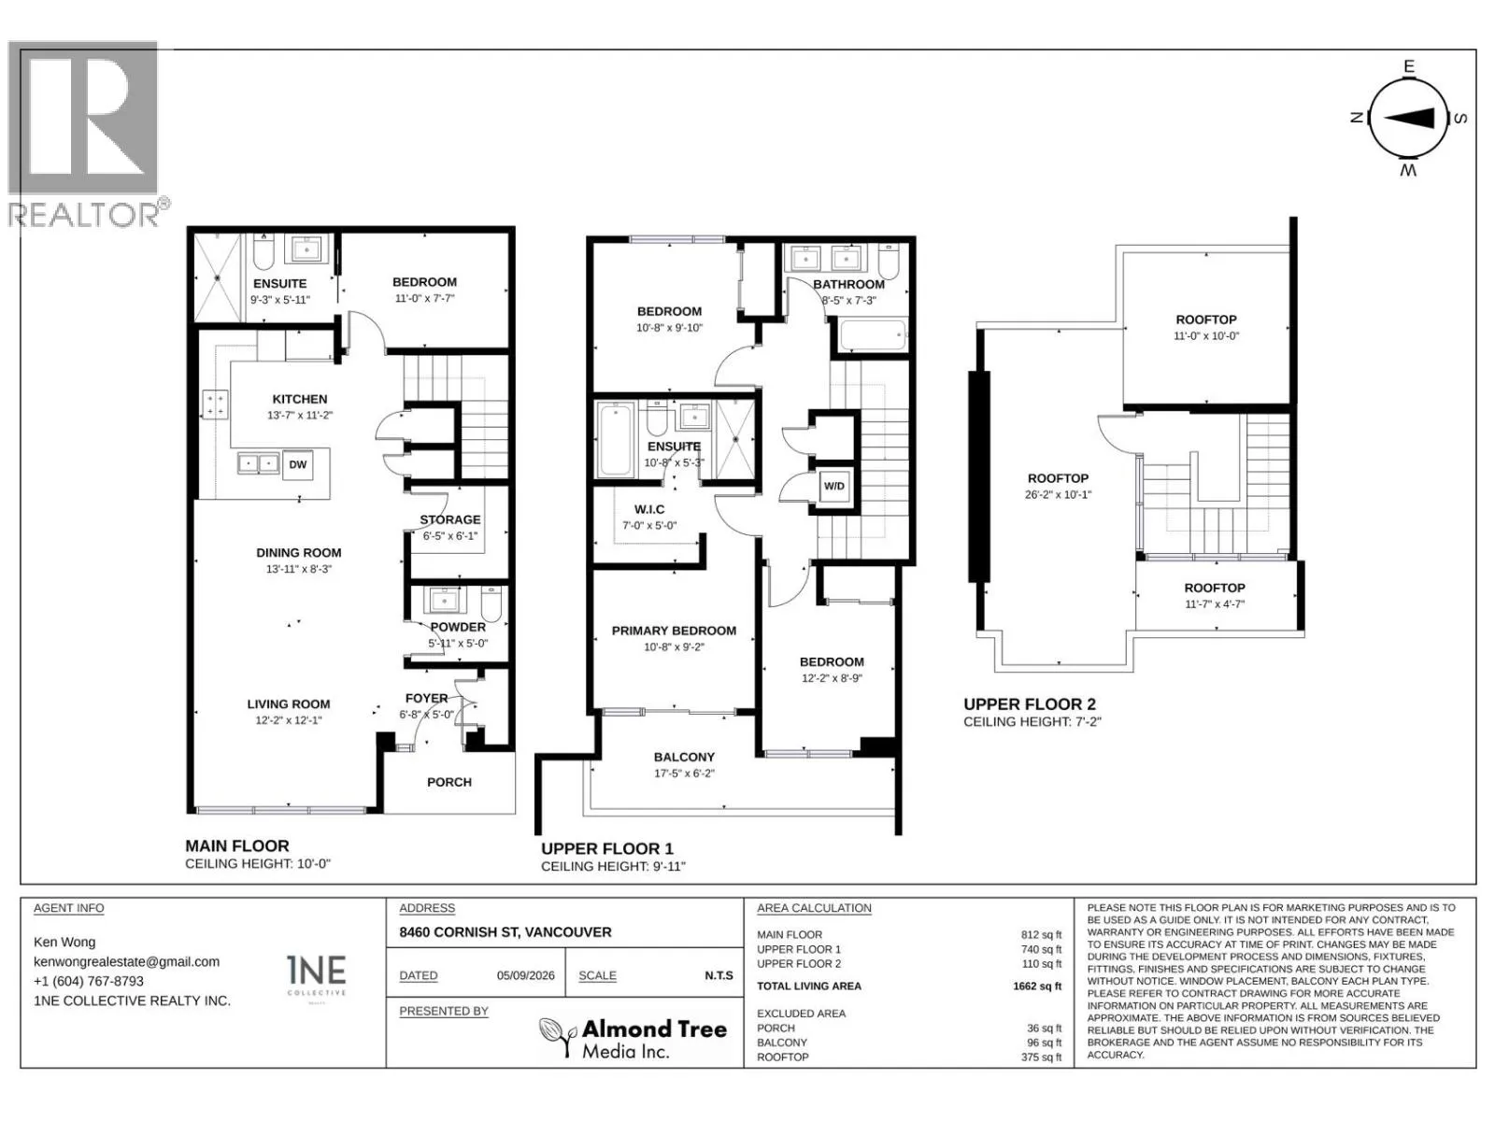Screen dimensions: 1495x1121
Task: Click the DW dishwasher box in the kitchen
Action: click(298, 465)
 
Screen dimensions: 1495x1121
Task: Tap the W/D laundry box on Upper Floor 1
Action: click(833, 486)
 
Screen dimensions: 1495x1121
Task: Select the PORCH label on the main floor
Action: click(448, 782)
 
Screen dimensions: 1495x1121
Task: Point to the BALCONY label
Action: click(684, 757)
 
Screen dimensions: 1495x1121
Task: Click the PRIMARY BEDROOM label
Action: click(674, 631)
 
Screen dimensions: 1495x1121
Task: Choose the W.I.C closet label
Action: click(649, 509)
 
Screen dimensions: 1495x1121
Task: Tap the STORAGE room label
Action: click(449, 519)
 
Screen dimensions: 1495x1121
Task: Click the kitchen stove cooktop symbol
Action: click(215, 404)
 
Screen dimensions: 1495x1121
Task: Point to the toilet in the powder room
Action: click(491, 603)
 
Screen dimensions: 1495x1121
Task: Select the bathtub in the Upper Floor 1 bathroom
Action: click(873, 335)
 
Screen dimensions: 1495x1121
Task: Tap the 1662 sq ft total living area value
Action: click(1036, 986)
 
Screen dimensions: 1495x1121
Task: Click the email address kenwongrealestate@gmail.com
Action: click(127, 962)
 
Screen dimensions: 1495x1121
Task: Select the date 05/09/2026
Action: click(526, 975)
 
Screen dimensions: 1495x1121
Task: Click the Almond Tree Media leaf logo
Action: click(558, 1037)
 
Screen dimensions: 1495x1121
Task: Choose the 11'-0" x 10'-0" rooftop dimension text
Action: click(1206, 335)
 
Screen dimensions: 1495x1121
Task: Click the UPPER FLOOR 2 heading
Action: click(1029, 704)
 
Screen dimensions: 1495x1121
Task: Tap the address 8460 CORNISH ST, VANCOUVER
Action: click(505, 931)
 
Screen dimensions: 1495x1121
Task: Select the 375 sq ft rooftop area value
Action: click(1041, 1057)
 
